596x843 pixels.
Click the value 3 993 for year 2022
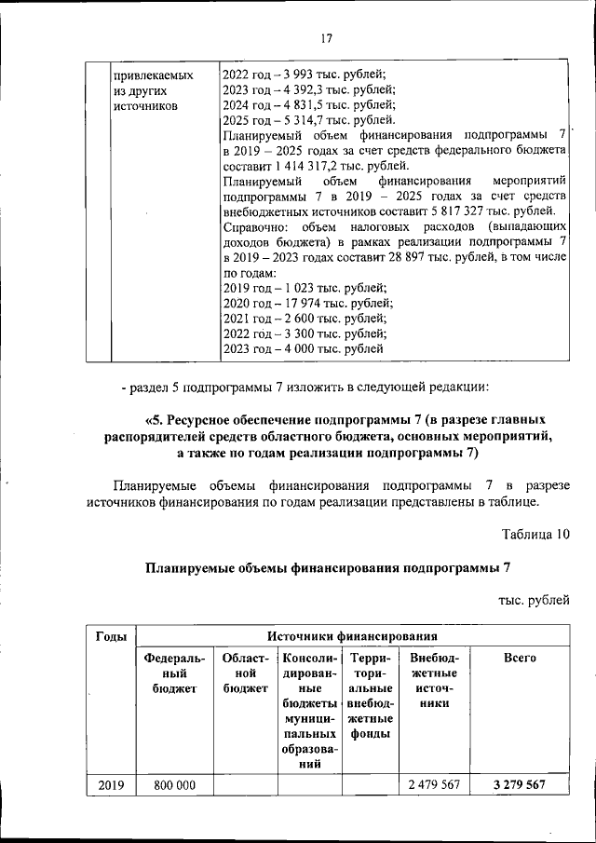point(302,75)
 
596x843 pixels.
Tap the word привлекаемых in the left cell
point(153,75)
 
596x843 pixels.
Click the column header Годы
point(111,635)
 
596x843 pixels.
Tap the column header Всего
point(519,658)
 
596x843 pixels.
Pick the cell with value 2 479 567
point(434,785)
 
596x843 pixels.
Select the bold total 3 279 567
point(520,785)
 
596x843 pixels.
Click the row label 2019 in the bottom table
point(111,785)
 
